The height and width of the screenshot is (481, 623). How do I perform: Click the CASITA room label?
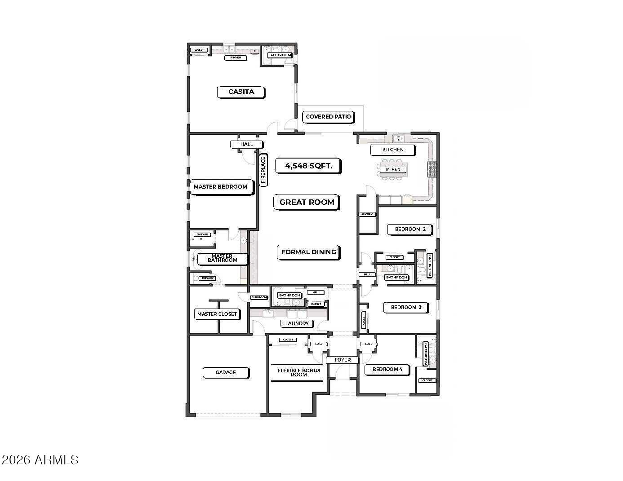point(241,92)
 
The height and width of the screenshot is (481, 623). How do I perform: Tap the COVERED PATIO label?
point(328,117)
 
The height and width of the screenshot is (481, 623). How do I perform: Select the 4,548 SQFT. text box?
point(309,166)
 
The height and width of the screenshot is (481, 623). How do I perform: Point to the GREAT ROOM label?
point(307,202)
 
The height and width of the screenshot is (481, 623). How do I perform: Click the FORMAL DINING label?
point(308,252)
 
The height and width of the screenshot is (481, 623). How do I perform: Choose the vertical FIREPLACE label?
point(263,170)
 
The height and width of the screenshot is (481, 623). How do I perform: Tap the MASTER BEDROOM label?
point(220,187)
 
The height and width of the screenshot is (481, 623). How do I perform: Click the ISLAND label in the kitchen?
point(393,170)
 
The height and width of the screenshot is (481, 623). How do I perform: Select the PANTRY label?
point(367,214)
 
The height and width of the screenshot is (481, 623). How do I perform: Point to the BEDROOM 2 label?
point(410,229)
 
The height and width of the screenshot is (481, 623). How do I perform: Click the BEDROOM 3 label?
point(406,308)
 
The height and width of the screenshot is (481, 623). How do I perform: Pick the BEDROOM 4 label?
point(387,370)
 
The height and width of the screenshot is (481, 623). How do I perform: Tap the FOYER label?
point(343,360)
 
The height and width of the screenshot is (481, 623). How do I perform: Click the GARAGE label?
point(226,372)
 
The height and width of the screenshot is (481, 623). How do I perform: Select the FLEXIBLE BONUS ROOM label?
point(298,372)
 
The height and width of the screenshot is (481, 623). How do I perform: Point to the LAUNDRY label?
point(297,323)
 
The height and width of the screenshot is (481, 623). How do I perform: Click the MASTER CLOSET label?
point(217,314)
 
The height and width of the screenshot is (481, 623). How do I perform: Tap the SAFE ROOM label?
point(259,297)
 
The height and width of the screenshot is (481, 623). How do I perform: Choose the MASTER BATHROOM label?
point(222,258)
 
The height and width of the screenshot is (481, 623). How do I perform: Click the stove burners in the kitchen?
point(432,169)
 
